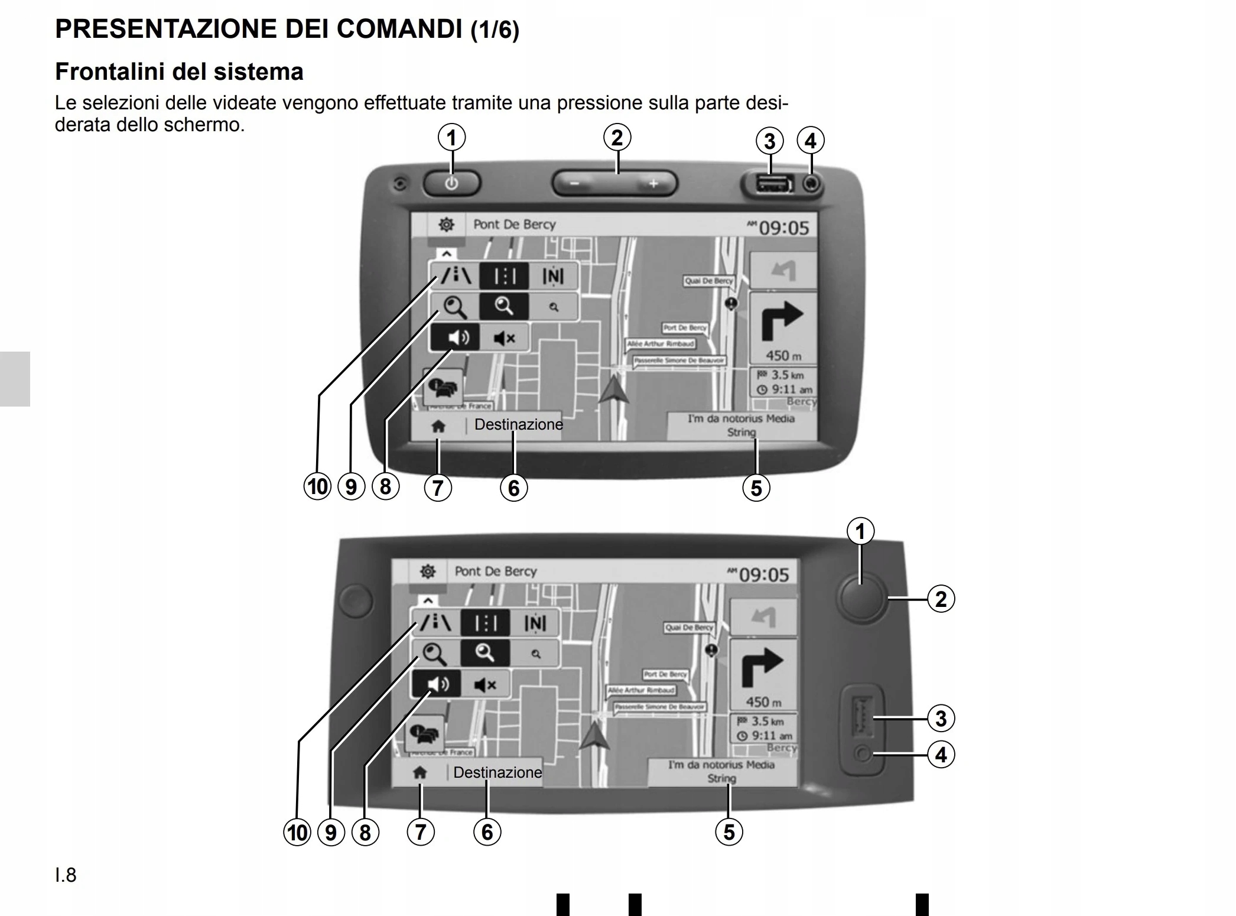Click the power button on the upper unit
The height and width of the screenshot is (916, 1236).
click(x=451, y=183)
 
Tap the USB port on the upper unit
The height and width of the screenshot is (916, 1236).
click(x=771, y=184)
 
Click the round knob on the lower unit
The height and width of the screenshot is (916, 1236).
click(x=861, y=598)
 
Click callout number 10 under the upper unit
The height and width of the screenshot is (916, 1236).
click(x=317, y=487)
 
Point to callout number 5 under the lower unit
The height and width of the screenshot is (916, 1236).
click(x=729, y=832)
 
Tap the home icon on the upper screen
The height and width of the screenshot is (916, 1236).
click(x=438, y=426)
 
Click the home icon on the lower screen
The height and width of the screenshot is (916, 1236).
click(x=419, y=772)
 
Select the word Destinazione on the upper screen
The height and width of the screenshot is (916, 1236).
click(x=518, y=424)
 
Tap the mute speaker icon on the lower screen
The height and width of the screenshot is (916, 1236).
click(x=486, y=685)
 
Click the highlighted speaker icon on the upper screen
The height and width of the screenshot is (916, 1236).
click(x=454, y=337)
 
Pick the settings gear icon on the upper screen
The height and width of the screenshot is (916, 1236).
click(x=446, y=225)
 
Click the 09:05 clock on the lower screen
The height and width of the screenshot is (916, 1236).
click(x=763, y=574)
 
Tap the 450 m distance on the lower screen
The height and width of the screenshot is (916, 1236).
click(x=763, y=702)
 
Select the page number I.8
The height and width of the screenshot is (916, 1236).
click(x=66, y=875)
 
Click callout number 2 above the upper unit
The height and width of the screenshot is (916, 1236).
click(x=617, y=137)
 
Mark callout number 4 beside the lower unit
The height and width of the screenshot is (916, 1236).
click(x=941, y=755)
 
